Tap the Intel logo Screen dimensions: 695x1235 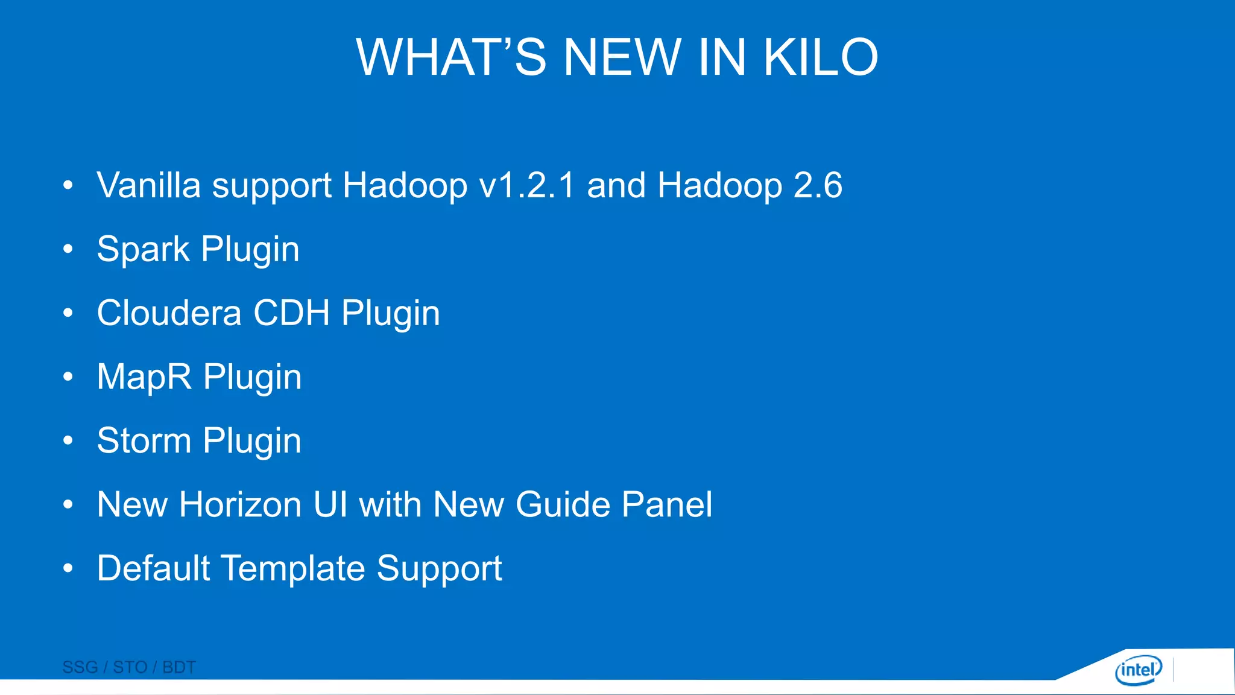click(x=1137, y=670)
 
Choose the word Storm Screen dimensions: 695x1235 click(x=144, y=440)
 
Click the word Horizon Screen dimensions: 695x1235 click(x=240, y=504)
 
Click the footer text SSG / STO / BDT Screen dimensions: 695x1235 click(x=129, y=667)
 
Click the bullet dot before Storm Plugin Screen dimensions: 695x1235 click(x=68, y=440)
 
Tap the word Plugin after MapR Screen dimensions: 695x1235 click(x=252, y=378)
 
